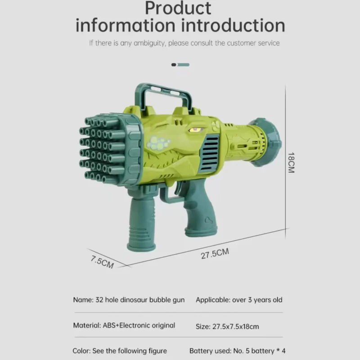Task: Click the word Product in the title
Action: (178, 8)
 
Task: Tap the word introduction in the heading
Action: (233, 25)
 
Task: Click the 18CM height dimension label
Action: (291, 162)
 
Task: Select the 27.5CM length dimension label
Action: (215, 253)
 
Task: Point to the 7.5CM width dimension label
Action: (102, 262)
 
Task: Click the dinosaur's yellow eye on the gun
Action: (196, 130)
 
